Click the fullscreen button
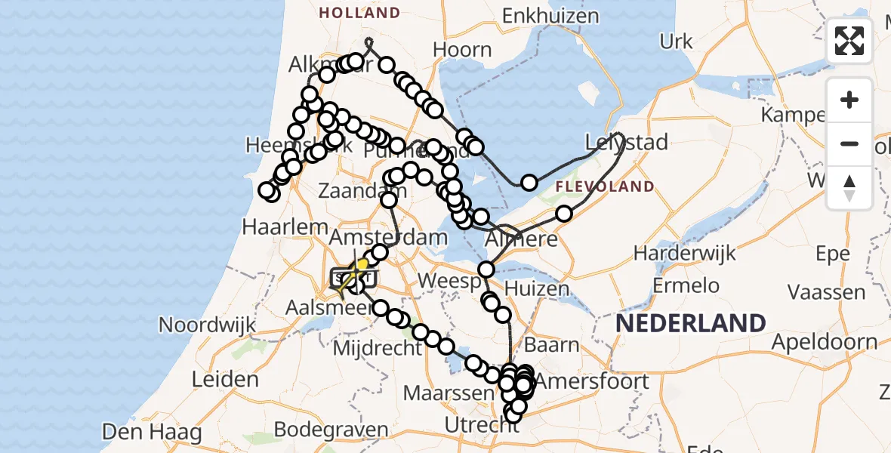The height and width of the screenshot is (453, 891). [x=849, y=41]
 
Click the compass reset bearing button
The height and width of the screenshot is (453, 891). [x=849, y=188]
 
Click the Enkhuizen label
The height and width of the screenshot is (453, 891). [x=550, y=16]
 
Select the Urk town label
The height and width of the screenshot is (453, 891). [x=676, y=41]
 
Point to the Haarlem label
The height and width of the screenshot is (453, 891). [x=285, y=226]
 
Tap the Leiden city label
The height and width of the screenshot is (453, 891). [x=226, y=379]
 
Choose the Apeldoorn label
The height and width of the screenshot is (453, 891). [x=825, y=341]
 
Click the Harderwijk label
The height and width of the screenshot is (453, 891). [x=685, y=253]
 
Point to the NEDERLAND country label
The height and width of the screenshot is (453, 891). [x=690, y=323]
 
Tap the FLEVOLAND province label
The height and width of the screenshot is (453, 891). [x=605, y=186]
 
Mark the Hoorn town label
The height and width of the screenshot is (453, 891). [x=462, y=50]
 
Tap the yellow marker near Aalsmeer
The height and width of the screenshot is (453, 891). [x=360, y=267]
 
